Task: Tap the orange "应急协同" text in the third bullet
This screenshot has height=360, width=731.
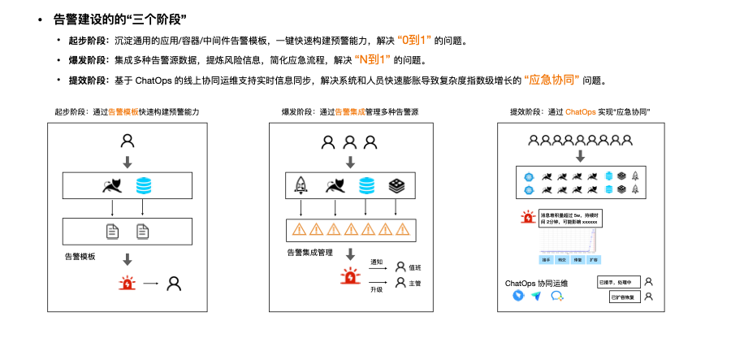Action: [x=552, y=80]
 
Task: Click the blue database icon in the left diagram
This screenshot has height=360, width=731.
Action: [x=144, y=186]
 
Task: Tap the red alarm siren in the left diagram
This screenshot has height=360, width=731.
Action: [x=128, y=284]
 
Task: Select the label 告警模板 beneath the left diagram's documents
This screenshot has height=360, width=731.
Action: [x=80, y=256]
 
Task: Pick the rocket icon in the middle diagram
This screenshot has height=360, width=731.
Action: [x=299, y=186]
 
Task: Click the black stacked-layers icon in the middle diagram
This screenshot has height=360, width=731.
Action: [x=396, y=186]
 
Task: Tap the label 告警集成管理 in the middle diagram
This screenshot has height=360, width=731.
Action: [x=309, y=253]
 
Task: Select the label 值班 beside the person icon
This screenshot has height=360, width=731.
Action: [x=415, y=267]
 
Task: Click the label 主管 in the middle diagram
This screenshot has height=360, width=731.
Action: [x=415, y=283]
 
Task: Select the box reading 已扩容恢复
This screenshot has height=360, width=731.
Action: [x=624, y=297]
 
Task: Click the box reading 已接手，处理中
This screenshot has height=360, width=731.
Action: [x=618, y=282]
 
